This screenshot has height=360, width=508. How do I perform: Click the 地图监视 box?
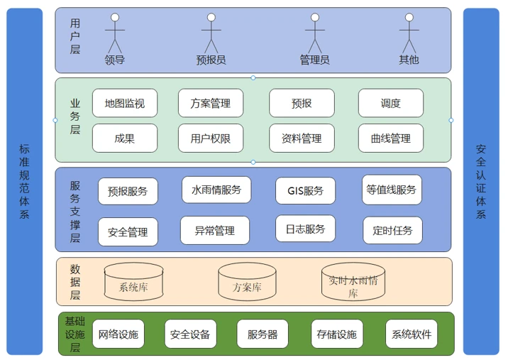[125, 103]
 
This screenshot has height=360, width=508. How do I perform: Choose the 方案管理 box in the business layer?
[210, 103]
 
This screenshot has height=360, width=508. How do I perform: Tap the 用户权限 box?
[210, 138]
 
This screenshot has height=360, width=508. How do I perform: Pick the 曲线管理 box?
[390, 138]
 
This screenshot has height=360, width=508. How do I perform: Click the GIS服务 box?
[305, 190]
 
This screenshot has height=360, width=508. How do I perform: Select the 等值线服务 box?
[392, 190]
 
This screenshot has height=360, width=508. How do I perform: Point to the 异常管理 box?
[214, 230]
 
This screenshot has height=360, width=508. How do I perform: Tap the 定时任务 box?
[392, 230]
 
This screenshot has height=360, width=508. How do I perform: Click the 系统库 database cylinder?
[133, 283]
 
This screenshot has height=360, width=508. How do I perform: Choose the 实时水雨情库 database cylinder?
[353, 283]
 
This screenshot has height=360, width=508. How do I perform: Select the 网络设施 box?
[118, 334]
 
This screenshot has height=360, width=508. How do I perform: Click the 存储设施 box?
[337, 334]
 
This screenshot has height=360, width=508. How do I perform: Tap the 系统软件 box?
[412, 334]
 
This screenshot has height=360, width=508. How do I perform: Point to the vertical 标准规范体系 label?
[25, 181]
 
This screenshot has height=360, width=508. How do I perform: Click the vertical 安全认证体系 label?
[481, 181]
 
